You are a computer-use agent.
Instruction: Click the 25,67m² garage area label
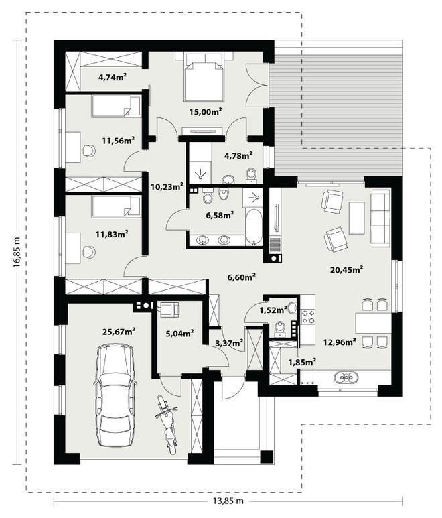(119, 331)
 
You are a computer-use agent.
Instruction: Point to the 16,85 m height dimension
(17, 251)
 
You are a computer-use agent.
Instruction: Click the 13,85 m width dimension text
(226, 501)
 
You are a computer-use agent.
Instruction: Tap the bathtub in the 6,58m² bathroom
(254, 227)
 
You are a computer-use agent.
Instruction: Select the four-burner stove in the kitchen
(308, 316)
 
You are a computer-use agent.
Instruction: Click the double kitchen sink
(346, 377)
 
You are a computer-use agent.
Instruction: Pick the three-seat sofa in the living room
(380, 218)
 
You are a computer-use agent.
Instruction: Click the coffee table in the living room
(356, 218)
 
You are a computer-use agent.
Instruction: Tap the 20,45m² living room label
(347, 269)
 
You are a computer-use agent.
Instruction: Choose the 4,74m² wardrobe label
(113, 77)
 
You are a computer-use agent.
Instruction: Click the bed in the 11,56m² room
(116, 106)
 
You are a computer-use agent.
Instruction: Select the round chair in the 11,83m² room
(89, 252)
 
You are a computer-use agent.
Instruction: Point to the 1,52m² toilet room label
(273, 310)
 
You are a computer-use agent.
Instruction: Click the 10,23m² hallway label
(167, 187)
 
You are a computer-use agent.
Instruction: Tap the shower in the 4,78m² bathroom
(200, 172)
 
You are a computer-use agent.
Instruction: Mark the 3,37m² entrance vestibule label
(230, 343)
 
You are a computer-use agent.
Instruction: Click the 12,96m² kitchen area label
(340, 342)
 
